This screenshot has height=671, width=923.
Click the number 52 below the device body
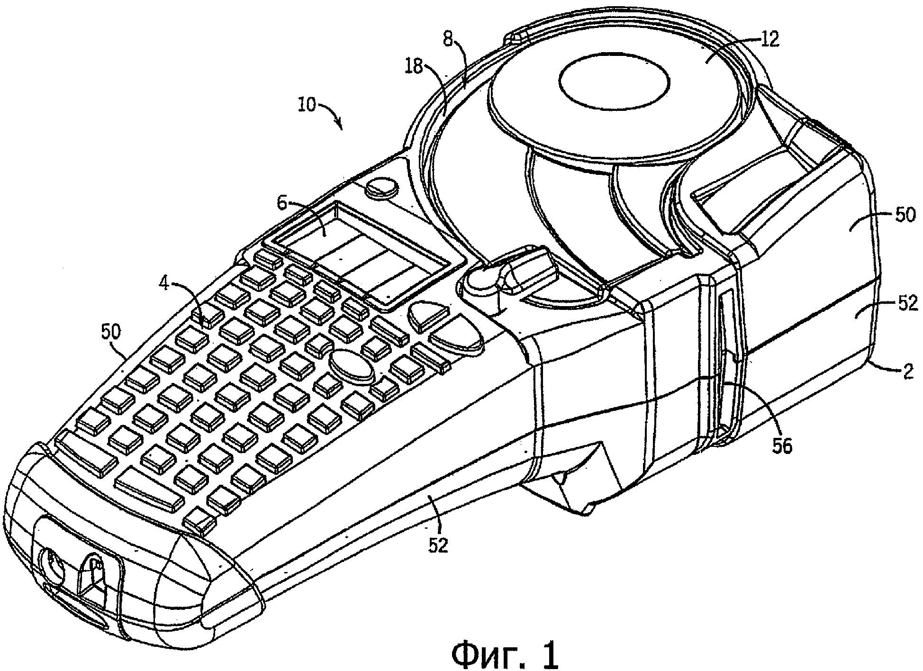tap(438, 546)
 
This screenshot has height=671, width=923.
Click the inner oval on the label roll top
tap(614, 81)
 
